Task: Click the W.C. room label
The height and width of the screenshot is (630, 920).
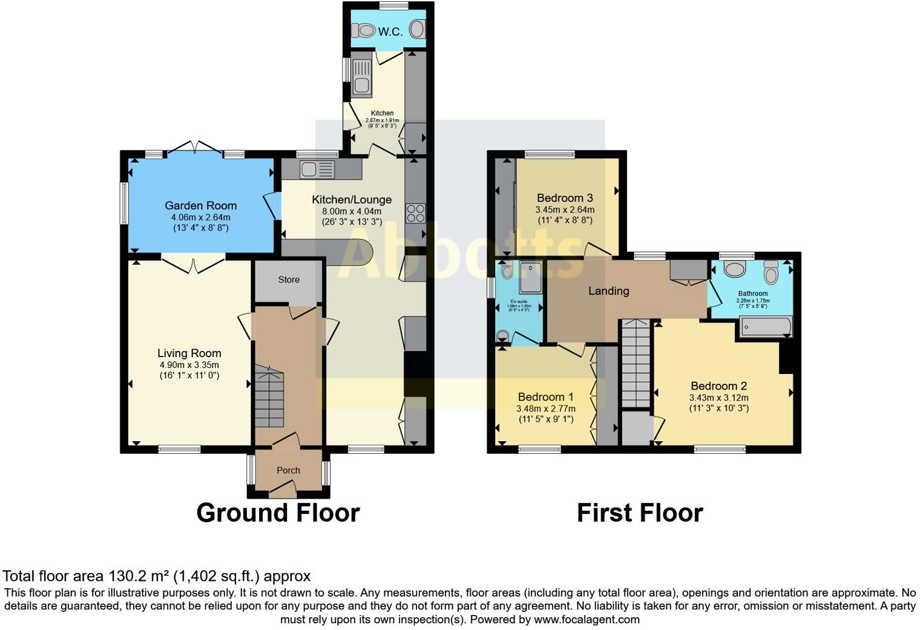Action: click(390, 31)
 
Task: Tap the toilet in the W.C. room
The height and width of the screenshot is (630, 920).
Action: click(364, 29)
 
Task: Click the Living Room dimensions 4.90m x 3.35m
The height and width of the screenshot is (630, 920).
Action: click(189, 365)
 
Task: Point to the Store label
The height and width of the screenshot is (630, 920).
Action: click(289, 280)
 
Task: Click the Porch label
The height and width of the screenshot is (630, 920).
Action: click(288, 470)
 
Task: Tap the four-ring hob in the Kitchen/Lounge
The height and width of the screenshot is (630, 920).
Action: click(415, 213)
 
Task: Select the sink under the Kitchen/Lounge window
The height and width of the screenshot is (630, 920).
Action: click(317, 169)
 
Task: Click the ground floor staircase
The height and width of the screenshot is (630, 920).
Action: click(269, 396)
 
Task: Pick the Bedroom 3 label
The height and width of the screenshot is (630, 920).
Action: click(564, 198)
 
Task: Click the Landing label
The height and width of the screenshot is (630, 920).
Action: click(608, 291)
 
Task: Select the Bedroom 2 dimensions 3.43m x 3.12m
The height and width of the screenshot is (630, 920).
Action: click(718, 398)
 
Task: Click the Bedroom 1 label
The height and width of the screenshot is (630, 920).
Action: click(545, 397)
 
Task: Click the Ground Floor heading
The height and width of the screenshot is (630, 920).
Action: click(278, 513)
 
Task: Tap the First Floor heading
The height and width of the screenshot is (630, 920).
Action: click(639, 513)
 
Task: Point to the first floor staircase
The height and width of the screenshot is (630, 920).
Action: click(636, 363)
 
